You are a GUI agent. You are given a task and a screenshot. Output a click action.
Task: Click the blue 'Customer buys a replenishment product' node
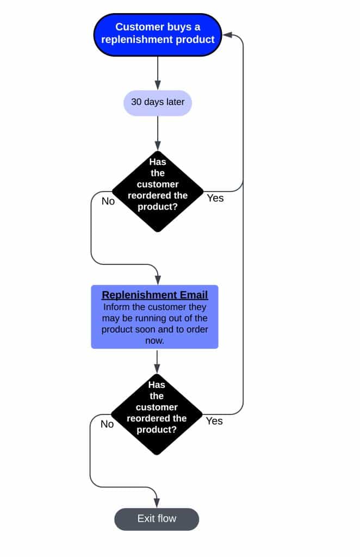point(158,34)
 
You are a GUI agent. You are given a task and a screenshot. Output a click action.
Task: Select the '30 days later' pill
point(158,103)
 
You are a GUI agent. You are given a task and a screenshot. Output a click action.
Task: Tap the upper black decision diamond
point(158,191)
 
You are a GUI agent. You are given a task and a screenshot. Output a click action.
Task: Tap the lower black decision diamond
point(157,414)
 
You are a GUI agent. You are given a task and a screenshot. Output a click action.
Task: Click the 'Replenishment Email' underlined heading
point(155,295)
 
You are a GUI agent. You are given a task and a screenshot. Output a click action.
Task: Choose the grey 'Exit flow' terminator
point(157,519)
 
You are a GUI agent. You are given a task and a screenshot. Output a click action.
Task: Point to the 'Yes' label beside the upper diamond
point(215,198)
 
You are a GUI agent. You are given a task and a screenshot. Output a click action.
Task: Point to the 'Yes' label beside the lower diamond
point(214,421)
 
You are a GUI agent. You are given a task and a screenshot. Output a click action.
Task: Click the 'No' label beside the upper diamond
point(108,201)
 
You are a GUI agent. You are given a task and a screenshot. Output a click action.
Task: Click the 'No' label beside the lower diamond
point(107,424)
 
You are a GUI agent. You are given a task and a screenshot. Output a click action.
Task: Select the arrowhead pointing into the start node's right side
point(227,35)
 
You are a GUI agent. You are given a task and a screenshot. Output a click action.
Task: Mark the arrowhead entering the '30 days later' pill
point(158,85)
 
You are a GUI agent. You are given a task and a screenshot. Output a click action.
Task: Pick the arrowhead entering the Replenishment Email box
point(158,280)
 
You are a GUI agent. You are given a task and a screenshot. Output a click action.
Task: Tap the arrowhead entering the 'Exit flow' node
point(157,503)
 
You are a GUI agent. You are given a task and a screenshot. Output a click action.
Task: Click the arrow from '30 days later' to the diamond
point(158,133)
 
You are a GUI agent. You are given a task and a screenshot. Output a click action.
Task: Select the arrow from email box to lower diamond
point(157,361)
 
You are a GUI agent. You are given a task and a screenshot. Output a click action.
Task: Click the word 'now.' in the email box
point(154,341)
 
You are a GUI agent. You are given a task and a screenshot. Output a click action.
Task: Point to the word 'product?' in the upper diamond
point(158,206)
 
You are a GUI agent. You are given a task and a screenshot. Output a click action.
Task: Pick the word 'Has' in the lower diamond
point(157,385)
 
